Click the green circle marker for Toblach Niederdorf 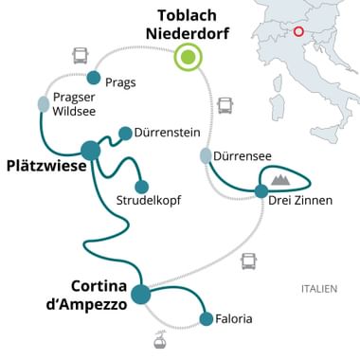pos(189,59)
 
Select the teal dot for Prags pos(94,78)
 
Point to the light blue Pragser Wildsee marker pos(44,103)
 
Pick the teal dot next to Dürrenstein pos(125,133)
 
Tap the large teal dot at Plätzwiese pos(91,150)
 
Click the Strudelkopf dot pos(142,187)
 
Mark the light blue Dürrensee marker pos(206,154)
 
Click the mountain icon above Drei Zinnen pos(280,178)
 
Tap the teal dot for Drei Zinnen pos(261,191)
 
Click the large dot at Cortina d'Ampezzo pos(141,294)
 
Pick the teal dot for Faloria pos(207,319)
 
